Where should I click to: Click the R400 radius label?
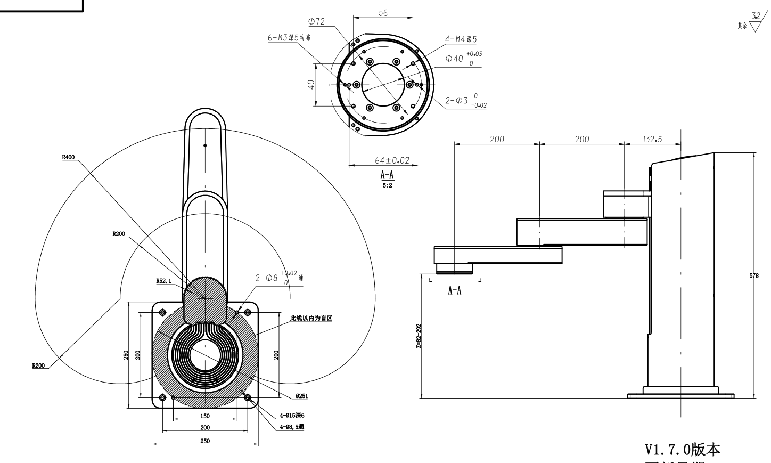[x=68, y=157]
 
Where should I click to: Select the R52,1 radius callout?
[x=163, y=281]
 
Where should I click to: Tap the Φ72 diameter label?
[x=316, y=21]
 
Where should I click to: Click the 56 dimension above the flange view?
[x=383, y=13]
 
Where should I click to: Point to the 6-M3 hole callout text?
[x=289, y=38]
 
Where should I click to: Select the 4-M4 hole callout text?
[x=461, y=39]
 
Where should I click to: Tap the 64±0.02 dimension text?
[x=392, y=160]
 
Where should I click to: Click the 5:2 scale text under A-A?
[x=387, y=185]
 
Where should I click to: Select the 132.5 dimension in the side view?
[x=652, y=139]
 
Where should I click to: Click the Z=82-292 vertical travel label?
[x=419, y=336]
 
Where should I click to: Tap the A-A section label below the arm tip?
[x=454, y=290]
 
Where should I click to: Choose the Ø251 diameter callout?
[x=301, y=396]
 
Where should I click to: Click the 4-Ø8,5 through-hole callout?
[x=292, y=427]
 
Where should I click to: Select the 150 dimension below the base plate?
[x=205, y=416]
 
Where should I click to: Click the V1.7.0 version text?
[x=682, y=450]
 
